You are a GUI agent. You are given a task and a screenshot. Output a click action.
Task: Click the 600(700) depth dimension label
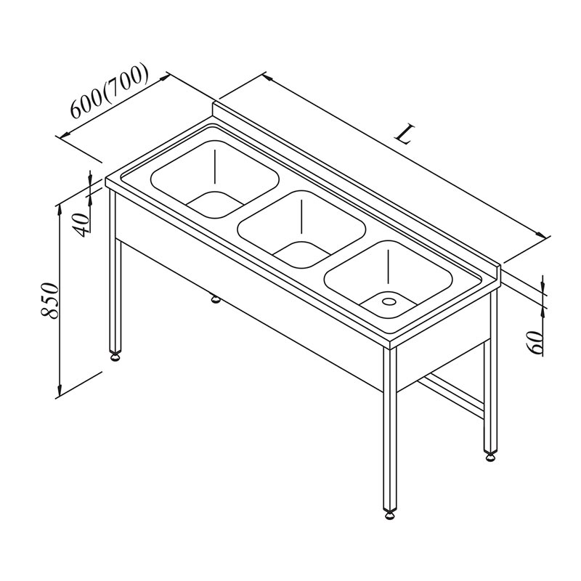pyautogui.click(x=110, y=92)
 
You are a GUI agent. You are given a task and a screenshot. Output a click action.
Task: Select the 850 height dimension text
pyautogui.click(x=49, y=301)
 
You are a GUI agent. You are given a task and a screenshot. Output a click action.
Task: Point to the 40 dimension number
pyautogui.click(x=81, y=225)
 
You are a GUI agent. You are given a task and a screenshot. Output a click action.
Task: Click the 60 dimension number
pyautogui.click(x=535, y=342)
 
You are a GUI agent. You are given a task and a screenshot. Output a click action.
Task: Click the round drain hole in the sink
pyautogui.click(x=389, y=301)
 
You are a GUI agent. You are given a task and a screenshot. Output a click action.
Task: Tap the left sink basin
pyautogui.click(x=215, y=179)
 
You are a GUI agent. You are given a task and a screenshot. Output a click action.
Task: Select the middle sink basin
pyautogui.click(x=301, y=229)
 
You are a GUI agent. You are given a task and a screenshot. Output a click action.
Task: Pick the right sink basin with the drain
pyautogui.click(x=389, y=280)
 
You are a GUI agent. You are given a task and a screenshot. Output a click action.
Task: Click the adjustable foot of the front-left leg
pyautogui.click(x=116, y=357)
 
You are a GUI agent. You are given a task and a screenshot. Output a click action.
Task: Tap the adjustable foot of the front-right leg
pyautogui.click(x=390, y=516)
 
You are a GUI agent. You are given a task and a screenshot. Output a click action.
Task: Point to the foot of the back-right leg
pyautogui.click(x=490, y=457)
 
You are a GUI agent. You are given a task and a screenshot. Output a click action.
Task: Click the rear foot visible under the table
pyautogui.click(x=215, y=298)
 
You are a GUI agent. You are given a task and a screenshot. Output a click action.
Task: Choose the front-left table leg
pyautogui.click(x=115, y=270)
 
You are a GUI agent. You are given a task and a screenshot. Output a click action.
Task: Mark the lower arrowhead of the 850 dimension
pyautogui.click(x=60, y=389)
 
